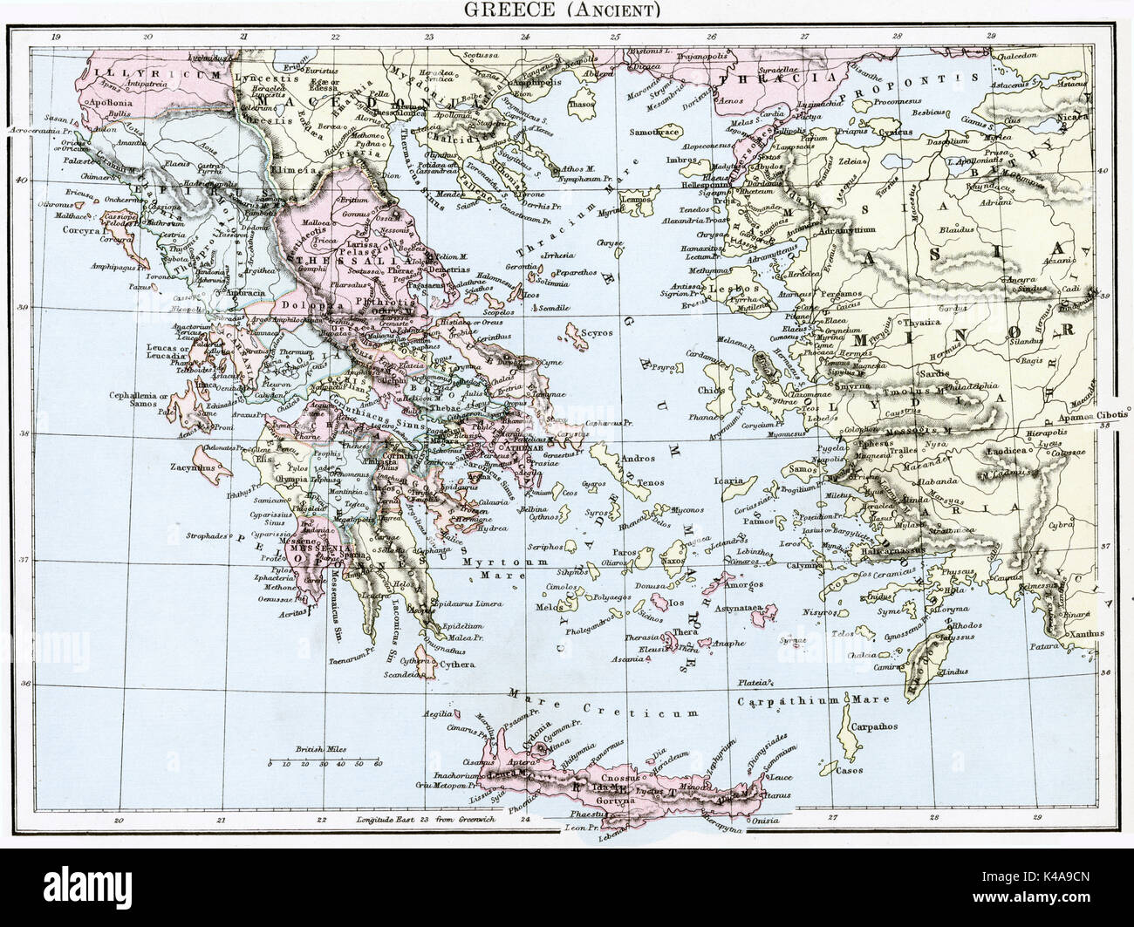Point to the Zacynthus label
193,467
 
